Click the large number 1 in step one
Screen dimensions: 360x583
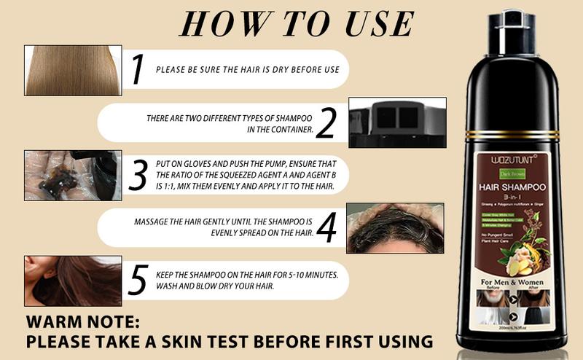(x=137, y=69)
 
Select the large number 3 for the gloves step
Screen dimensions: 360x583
(x=138, y=175)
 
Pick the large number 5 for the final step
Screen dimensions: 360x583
(x=138, y=281)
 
